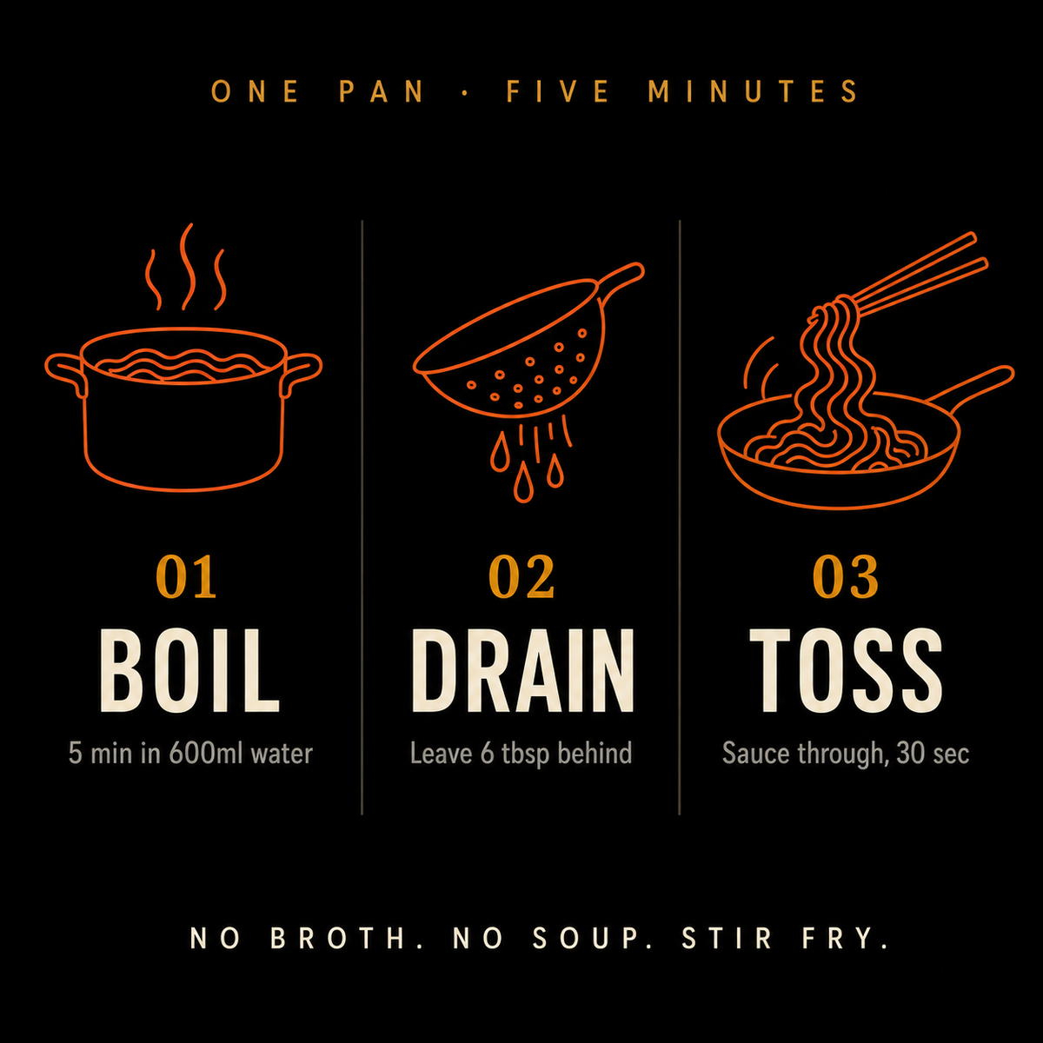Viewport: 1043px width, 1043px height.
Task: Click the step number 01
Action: point(186,576)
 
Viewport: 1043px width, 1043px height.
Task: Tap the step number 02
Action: point(521,576)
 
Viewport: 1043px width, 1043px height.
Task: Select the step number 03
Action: point(846,576)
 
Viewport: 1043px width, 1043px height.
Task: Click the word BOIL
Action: point(189,671)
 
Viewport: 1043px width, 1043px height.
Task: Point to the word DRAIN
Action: point(522,671)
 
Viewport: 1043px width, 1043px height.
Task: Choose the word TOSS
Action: point(846,671)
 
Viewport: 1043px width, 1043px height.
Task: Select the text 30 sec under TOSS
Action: point(932,753)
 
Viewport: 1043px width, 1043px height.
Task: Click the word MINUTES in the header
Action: point(753,91)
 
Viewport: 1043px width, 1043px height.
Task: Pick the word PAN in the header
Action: point(381,91)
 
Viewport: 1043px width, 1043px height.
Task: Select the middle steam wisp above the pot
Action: point(187,266)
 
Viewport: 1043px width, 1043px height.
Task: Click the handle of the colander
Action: point(622,277)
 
